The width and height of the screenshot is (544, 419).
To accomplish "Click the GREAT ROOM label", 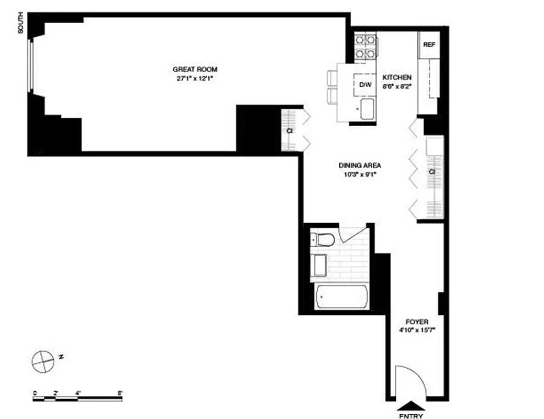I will (x=195, y=69).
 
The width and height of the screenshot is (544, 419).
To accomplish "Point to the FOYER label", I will (x=417, y=322).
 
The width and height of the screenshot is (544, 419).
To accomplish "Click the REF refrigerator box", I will (x=429, y=45).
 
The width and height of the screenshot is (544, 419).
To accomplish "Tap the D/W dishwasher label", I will (x=365, y=84).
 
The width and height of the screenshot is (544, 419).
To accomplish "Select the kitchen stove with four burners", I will (x=365, y=46).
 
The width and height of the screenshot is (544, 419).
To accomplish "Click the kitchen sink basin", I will (x=367, y=108).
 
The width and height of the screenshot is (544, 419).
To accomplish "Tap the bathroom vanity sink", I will (x=318, y=265).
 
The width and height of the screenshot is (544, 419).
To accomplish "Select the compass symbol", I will (x=42, y=360).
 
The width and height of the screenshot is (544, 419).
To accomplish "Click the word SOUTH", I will (x=21, y=26).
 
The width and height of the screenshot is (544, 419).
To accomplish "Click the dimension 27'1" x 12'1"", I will (x=195, y=79).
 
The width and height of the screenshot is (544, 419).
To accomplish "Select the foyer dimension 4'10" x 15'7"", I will (x=417, y=330).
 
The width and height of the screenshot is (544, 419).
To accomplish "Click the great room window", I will (x=31, y=65).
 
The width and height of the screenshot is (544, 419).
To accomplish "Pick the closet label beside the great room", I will (x=289, y=130).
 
